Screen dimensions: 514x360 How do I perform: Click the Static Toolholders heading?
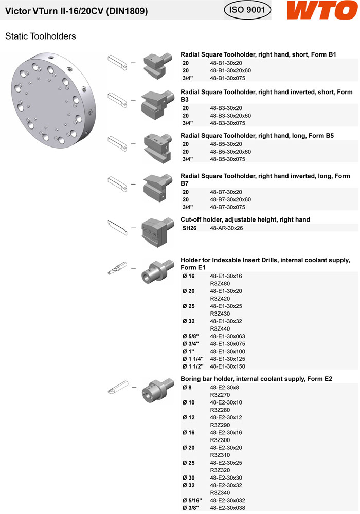click(41, 36)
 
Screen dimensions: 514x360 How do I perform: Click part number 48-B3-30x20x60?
click(230, 116)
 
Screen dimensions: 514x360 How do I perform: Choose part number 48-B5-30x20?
click(226, 144)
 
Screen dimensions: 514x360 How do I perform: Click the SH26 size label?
click(190, 227)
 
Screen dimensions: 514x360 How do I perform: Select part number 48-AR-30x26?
click(226, 227)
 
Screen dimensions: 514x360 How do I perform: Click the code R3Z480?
click(220, 283)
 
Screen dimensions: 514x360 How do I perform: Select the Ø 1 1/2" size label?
click(193, 366)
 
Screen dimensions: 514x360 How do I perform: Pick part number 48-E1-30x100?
click(228, 351)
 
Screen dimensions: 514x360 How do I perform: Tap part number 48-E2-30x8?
click(224, 387)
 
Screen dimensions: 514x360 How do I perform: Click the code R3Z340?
click(220, 493)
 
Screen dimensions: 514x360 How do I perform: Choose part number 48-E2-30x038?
click(228, 508)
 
